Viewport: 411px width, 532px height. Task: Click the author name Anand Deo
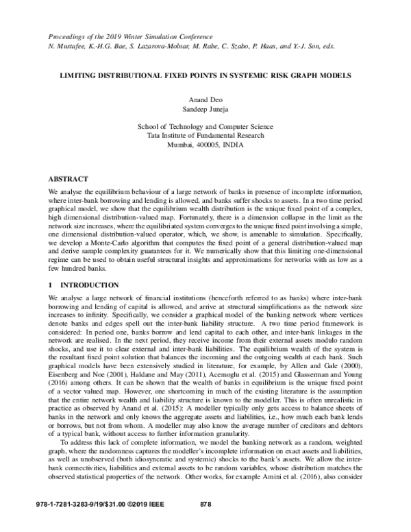pyautogui.click(x=206, y=98)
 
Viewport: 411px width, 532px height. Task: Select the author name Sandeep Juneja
pyautogui.click(x=206, y=108)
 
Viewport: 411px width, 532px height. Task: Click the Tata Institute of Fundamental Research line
pyautogui.click(x=206, y=136)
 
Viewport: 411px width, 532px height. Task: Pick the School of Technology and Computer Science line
pyautogui.click(x=206, y=127)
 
